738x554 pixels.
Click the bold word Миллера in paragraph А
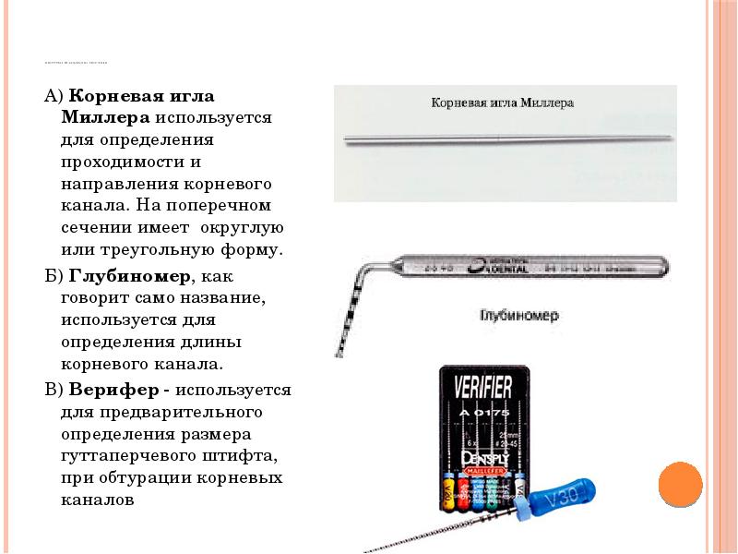(105, 117)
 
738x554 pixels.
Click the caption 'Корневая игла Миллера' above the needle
(503, 103)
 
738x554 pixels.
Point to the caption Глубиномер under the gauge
(518, 315)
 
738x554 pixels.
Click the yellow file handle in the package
(449, 492)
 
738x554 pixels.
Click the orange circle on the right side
(682, 484)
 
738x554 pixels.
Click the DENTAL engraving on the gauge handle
(503, 268)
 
